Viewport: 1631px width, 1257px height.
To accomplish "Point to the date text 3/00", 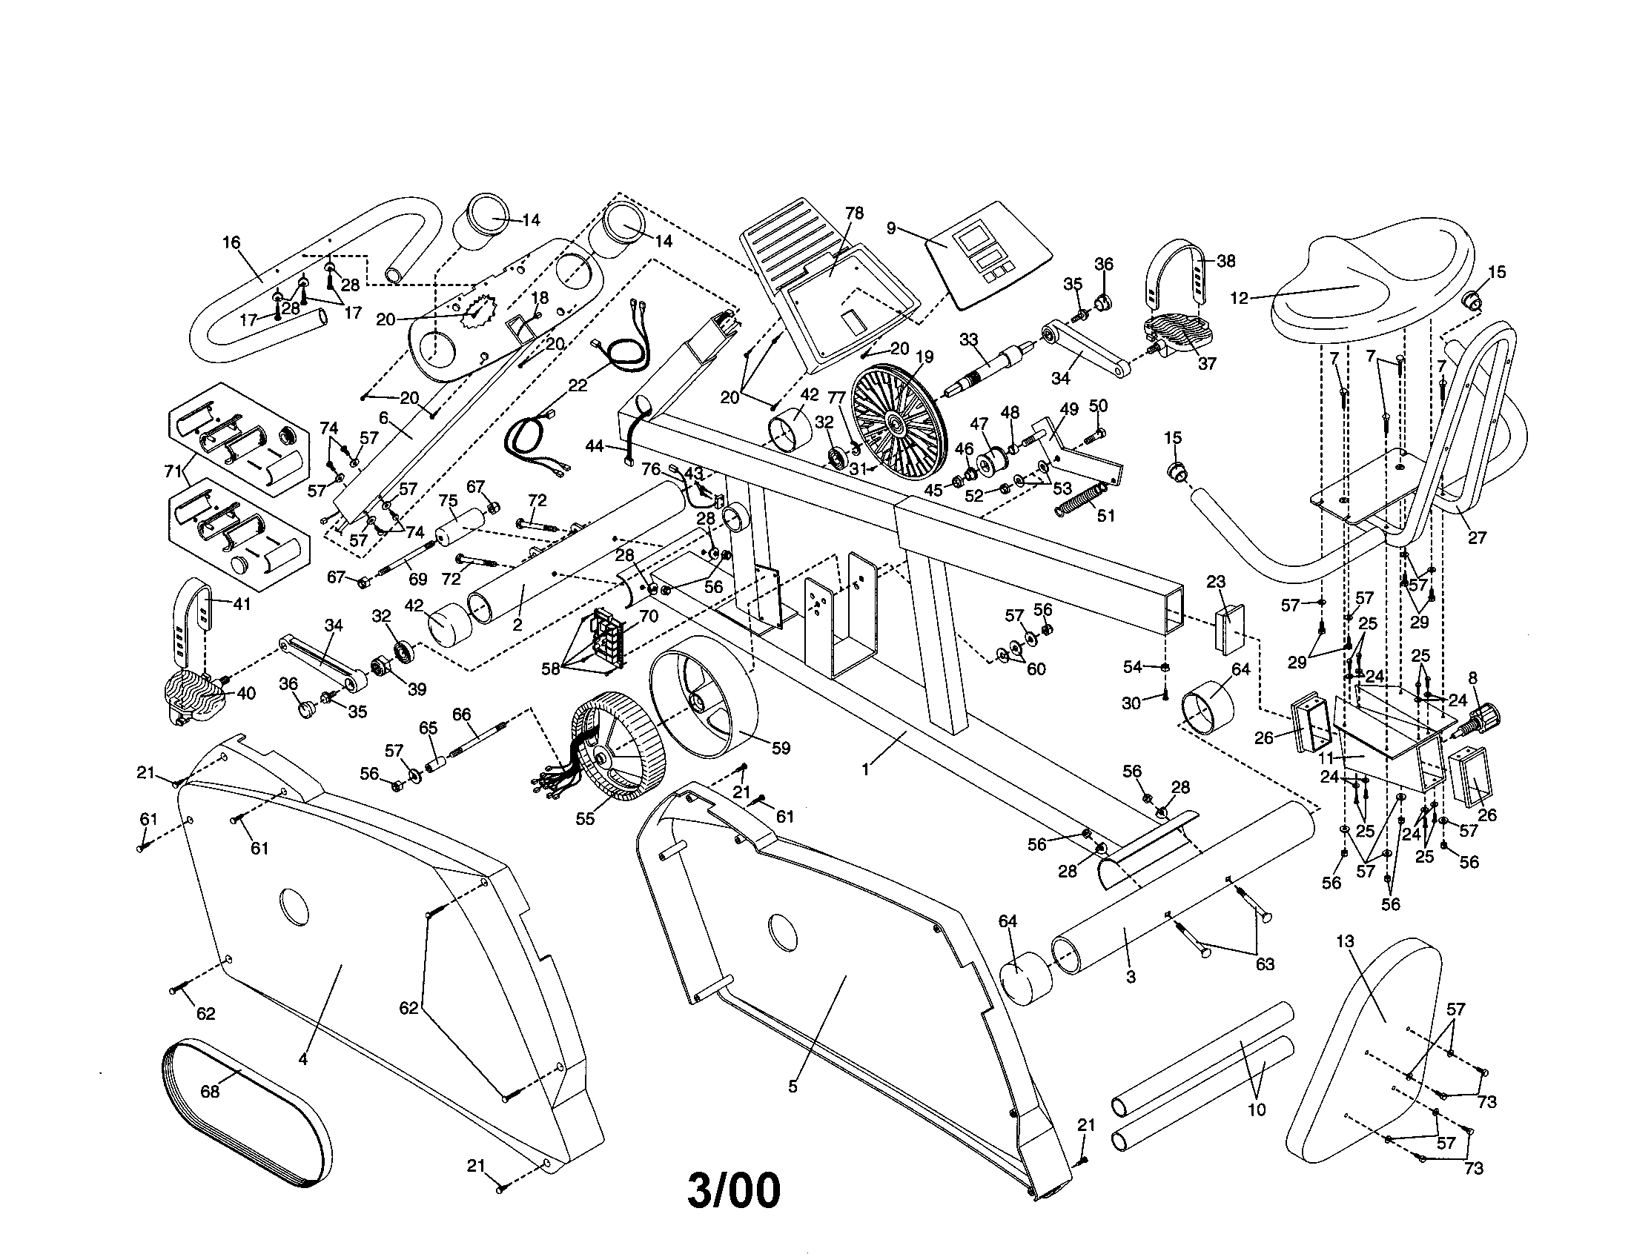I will (733, 1190).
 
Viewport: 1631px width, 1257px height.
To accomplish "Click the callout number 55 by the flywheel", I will (585, 819).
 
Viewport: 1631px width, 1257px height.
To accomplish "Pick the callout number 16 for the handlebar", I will (231, 242).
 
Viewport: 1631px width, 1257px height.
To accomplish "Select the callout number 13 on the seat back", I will (1345, 942).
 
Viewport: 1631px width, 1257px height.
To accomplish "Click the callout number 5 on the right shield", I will (793, 1087).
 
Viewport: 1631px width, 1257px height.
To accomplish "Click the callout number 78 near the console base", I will (854, 213).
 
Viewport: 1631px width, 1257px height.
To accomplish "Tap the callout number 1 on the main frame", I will (865, 768).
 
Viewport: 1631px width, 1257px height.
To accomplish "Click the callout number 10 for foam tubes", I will (1257, 1110).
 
